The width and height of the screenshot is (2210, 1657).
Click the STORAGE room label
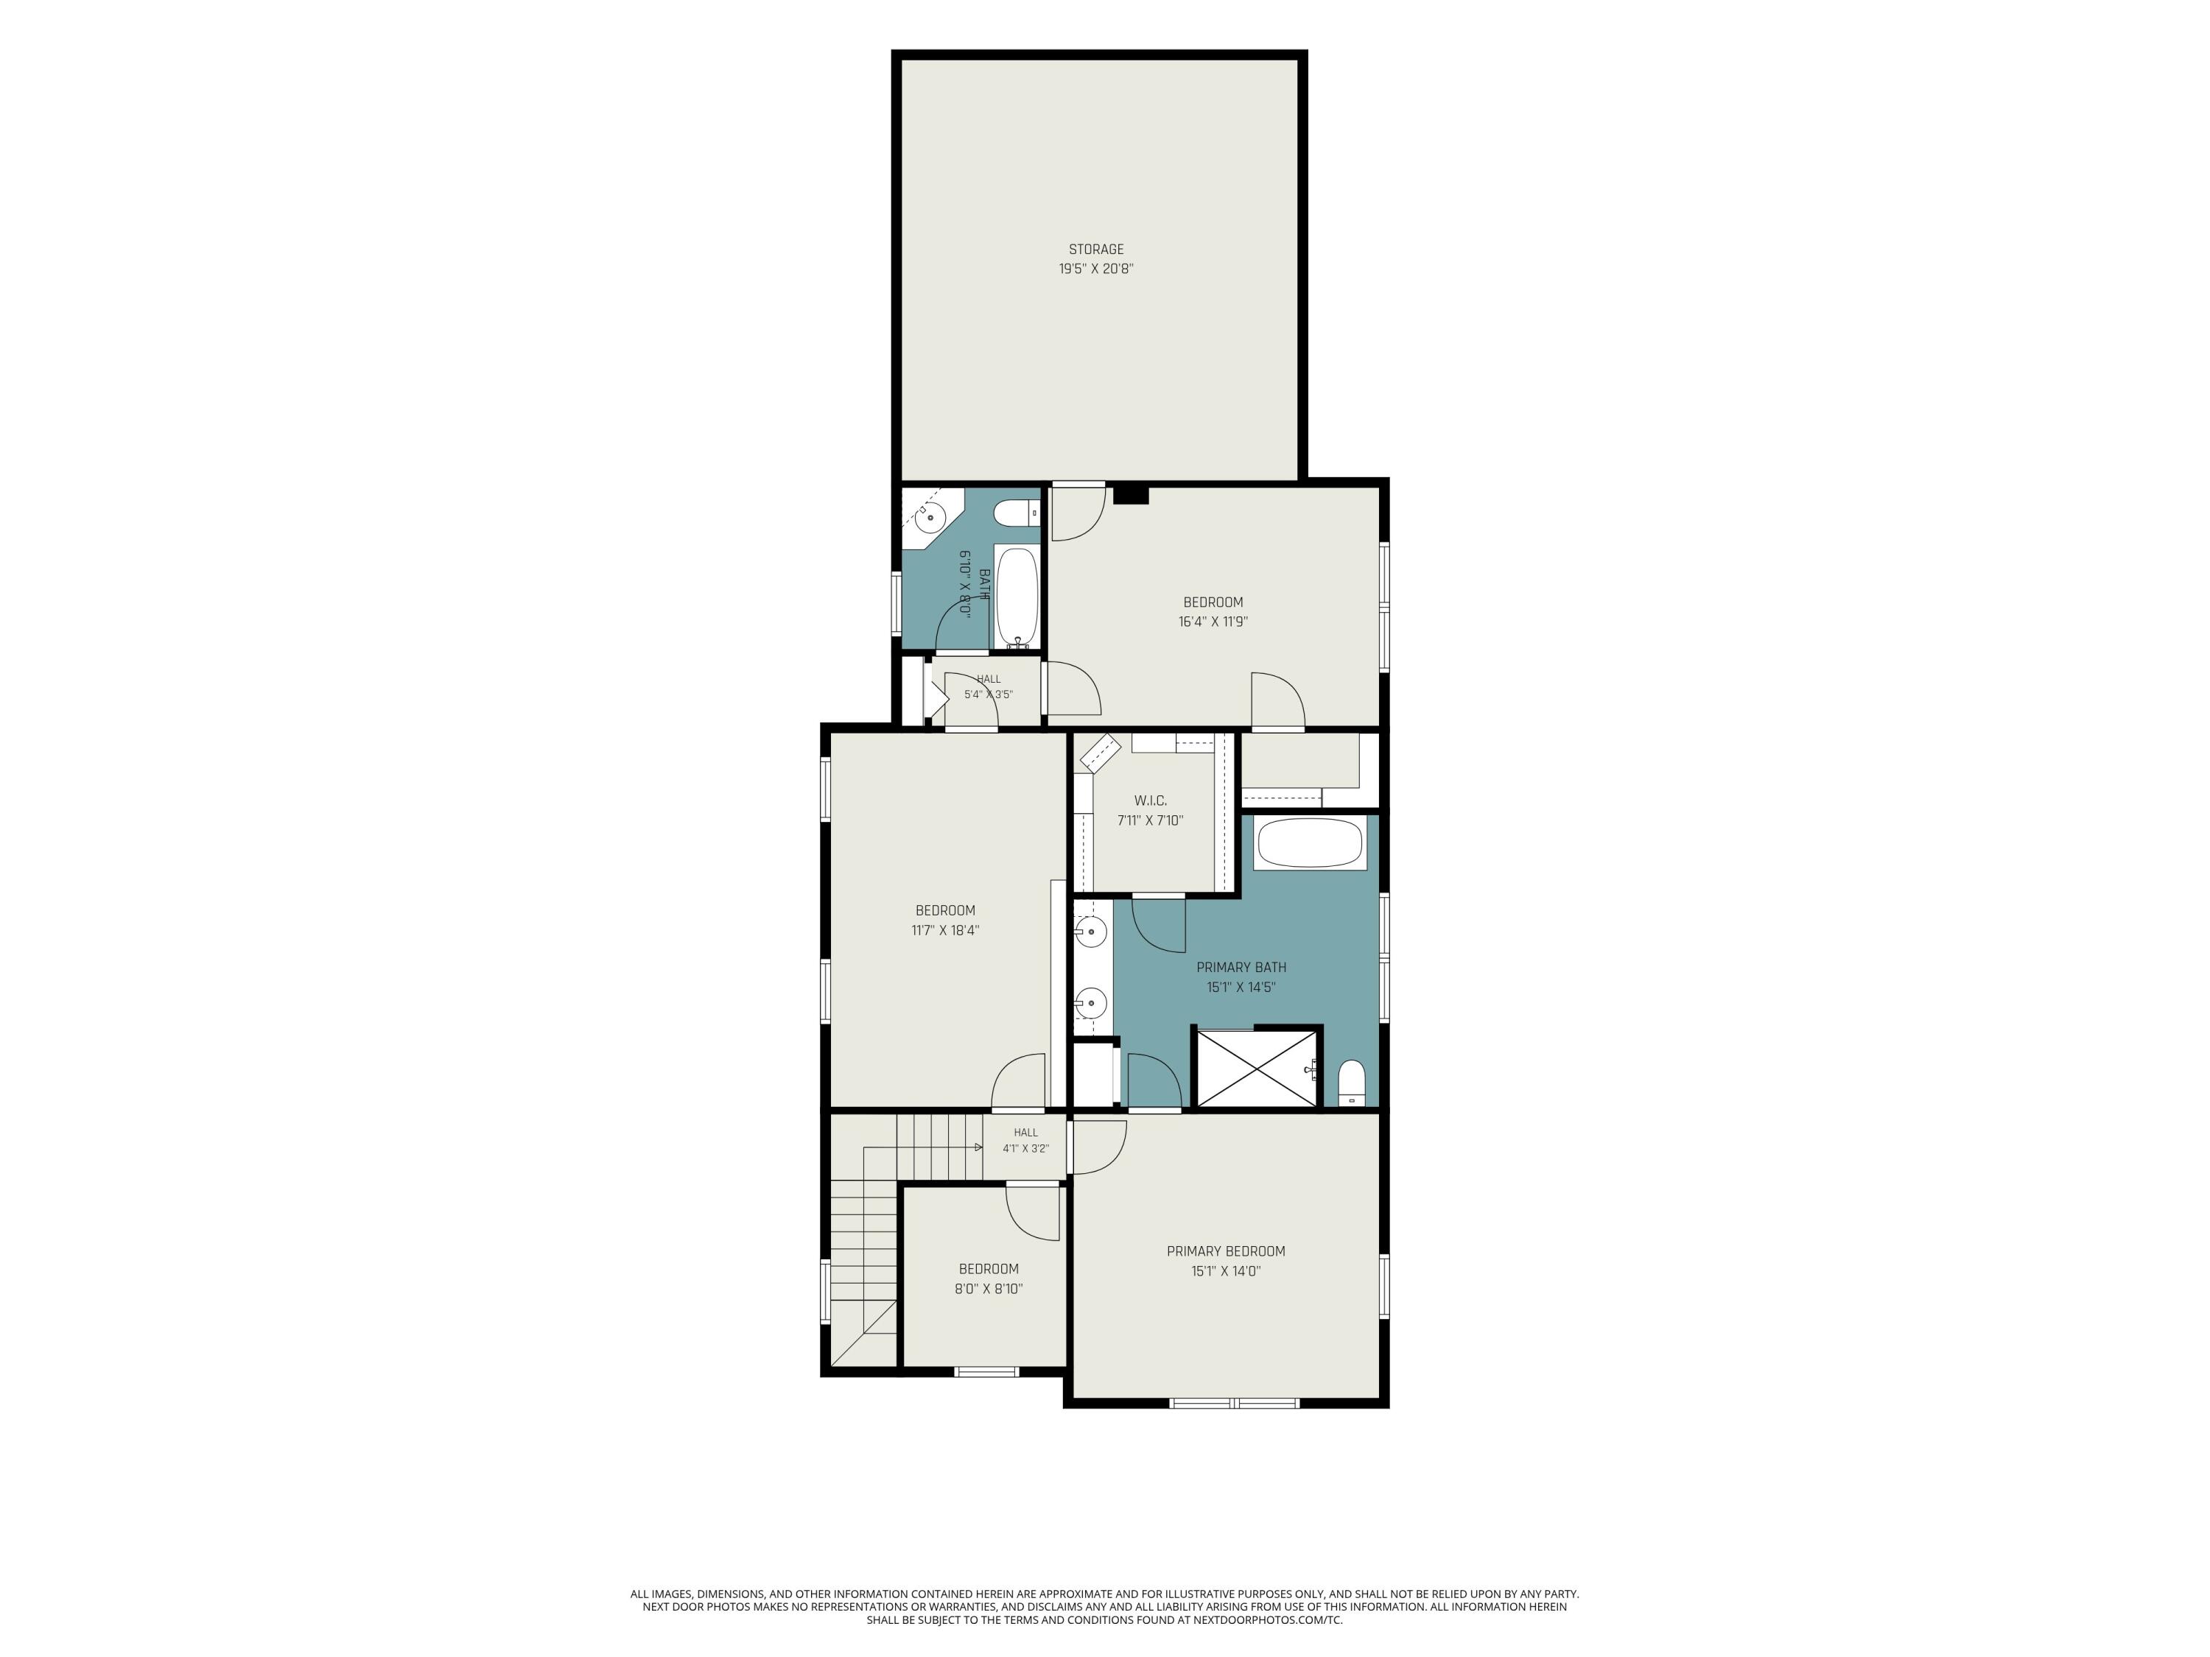(1096, 250)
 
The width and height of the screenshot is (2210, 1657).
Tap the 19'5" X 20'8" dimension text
(1096, 269)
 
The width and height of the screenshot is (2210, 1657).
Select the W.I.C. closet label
(1150, 801)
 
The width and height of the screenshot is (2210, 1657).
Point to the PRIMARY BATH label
(1241, 967)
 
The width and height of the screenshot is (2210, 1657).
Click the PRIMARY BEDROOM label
(1226, 1251)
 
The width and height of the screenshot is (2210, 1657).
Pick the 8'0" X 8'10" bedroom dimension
(988, 1289)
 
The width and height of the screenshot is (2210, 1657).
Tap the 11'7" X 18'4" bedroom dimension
(945, 930)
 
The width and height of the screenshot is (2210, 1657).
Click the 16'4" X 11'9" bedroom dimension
(1213, 622)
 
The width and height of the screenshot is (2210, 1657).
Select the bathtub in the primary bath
(1310, 843)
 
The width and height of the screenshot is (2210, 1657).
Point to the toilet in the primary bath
(1351, 1084)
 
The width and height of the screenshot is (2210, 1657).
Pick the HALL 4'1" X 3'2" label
(1026, 1141)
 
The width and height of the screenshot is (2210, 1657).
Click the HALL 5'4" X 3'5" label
(988, 686)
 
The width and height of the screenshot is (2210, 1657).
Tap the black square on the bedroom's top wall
(1131, 494)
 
